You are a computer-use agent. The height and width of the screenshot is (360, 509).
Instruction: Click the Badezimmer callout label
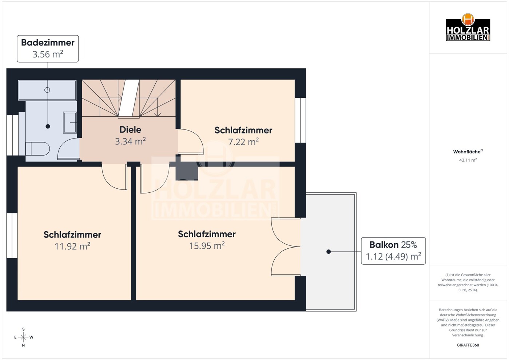click(48, 49)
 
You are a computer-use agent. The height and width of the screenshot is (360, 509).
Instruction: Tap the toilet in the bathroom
click(37, 149)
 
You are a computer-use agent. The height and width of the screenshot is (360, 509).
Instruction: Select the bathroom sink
click(69, 123)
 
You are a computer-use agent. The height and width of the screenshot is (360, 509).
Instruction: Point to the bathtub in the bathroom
click(47, 90)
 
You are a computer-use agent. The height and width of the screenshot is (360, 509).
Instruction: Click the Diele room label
click(130, 129)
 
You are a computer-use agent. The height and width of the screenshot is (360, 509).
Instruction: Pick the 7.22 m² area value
click(243, 142)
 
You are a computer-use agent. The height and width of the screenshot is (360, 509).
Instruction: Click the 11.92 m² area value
click(72, 246)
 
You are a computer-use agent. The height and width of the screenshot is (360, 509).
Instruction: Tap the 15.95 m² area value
click(207, 246)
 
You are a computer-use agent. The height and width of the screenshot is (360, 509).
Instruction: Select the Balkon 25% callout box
click(393, 251)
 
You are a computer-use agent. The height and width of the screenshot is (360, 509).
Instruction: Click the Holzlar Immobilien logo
click(468, 28)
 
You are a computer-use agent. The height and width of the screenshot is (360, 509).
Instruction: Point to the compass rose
click(24, 337)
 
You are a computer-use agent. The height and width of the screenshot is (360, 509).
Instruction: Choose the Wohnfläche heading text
click(468, 152)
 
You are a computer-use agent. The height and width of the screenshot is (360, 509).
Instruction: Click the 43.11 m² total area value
click(468, 160)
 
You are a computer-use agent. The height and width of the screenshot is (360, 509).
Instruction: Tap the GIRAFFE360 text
click(468, 345)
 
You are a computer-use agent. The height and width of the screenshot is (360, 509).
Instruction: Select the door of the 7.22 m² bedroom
click(190, 142)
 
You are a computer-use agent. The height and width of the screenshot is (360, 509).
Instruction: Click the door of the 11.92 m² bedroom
click(114, 177)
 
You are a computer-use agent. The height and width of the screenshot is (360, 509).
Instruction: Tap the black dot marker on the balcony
click(329, 252)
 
